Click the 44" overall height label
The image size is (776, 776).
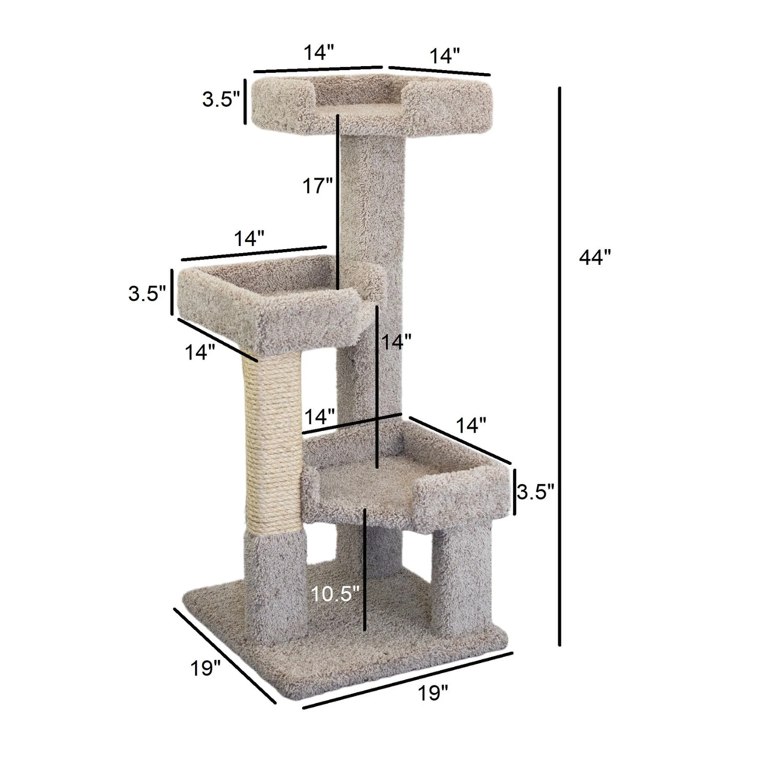[x=594, y=258]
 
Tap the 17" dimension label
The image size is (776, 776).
[x=317, y=186]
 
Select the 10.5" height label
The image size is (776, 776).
[x=335, y=594]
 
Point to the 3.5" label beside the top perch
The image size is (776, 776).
[x=221, y=99]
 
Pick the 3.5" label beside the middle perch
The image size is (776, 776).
[x=147, y=294]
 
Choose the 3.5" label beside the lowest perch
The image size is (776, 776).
[x=535, y=492]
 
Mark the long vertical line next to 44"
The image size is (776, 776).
[x=559, y=366]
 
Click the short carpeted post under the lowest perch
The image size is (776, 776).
[x=462, y=580]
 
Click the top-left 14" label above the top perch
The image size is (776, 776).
[x=319, y=53]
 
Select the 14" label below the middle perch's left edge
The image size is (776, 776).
[x=200, y=353]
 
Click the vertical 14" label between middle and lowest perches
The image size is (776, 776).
[x=396, y=342]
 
